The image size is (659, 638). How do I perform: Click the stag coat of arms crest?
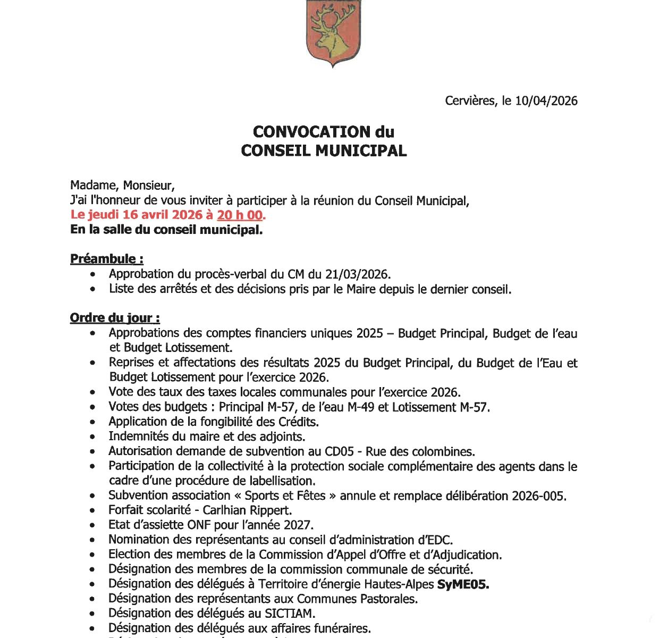333,32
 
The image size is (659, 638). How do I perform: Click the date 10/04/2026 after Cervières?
546,101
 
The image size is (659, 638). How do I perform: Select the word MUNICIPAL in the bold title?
361,150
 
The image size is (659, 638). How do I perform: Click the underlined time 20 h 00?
240,215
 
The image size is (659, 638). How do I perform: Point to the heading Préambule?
106,259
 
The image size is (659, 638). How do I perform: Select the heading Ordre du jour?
115,318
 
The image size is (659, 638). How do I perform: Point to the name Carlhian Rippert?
247,510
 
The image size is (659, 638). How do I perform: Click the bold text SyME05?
463,584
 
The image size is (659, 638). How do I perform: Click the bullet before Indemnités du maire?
94,437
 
